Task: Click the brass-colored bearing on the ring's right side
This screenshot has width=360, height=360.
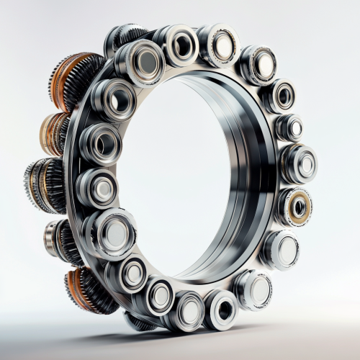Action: tap(295, 207)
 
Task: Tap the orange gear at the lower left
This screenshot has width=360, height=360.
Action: tap(85, 289)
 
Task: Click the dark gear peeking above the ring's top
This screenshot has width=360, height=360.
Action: tap(127, 36)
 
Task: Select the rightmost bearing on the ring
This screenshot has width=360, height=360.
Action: tap(300, 163)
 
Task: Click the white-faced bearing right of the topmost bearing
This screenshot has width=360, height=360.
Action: tap(220, 45)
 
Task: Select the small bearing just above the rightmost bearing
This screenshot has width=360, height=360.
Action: tap(289, 127)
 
